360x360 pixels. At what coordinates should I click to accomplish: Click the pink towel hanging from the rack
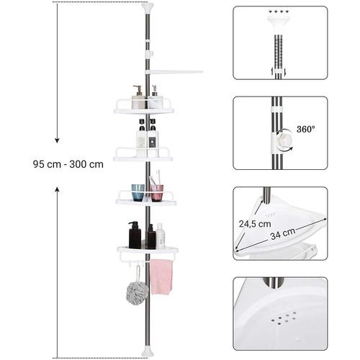pos(161,276)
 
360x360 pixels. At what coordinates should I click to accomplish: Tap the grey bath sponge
pos(137,293)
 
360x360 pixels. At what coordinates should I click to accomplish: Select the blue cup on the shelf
pos(138,192)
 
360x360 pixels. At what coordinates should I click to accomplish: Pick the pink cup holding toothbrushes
pos(157,193)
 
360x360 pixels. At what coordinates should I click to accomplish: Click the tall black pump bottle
pos(135,235)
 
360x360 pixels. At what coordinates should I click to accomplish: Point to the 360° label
pos(306,130)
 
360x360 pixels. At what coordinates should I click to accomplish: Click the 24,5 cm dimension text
pos(255,224)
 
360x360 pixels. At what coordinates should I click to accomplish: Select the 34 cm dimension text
pos(283,234)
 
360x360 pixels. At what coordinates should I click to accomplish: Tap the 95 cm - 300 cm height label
pos(68,164)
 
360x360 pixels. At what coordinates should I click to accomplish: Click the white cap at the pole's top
pos(148,7)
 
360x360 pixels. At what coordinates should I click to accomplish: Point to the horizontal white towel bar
pos(174,72)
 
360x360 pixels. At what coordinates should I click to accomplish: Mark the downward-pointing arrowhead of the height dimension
pos(57,140)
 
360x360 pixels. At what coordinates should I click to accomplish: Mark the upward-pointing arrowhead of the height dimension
pos(57,189)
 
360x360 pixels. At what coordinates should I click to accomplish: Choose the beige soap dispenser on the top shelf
pos(138,97)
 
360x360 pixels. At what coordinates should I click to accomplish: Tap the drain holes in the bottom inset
pos(283,318)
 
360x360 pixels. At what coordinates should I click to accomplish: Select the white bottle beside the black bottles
pos(161,236)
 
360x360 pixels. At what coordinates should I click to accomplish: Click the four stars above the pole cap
pos(278,12)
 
